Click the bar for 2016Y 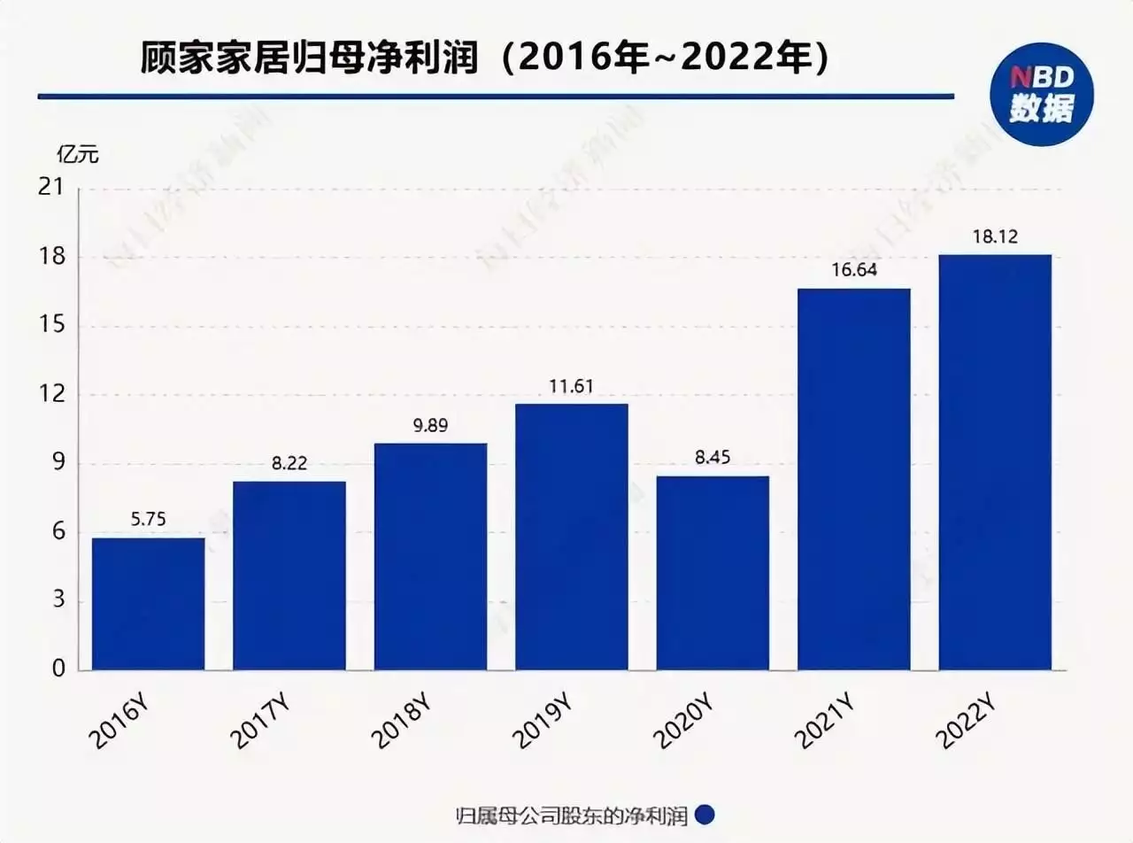pyautogui.click(x=148, y=603)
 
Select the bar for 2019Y pyautogui.click(x=571, y=537)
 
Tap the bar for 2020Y pyautogui.click(x=713, y=573)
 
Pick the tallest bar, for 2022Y pyautogui.click(x=995, y=461)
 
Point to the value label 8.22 pyautogui.click(x=289, y=463)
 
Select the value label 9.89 pyautogui.click(x=430, y=425)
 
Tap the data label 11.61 pyautogui.click(x=571, y=386)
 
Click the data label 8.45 pyautogui.click(x=713, y=458)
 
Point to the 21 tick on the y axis pyautogui.click(x=54, y=189)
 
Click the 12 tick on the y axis pyautogui.click(x=54, y=395)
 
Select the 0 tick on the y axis pyautogui.click(x=59, y=670)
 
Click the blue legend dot pyautogui.click(x=705, y=815)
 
